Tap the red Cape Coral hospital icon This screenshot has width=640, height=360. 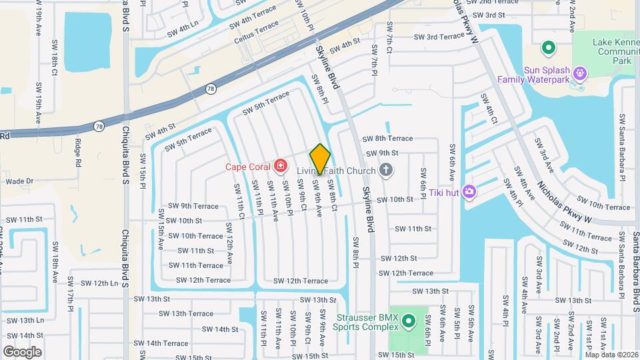tap(281, 165)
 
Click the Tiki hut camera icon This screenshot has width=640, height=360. tap(470, 192)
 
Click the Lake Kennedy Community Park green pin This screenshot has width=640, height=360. tap(549, 48)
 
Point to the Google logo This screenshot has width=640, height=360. tap(22, 352)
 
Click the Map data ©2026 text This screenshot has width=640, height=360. tap(611, 354)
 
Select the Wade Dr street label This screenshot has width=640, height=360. tap(19, 181)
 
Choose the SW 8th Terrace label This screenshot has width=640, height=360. tap(387, 139)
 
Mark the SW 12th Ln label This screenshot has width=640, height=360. tap(96, 283)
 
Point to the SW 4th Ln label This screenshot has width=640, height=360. tap(183, 30)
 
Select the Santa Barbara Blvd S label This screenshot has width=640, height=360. tap(635, 263)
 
